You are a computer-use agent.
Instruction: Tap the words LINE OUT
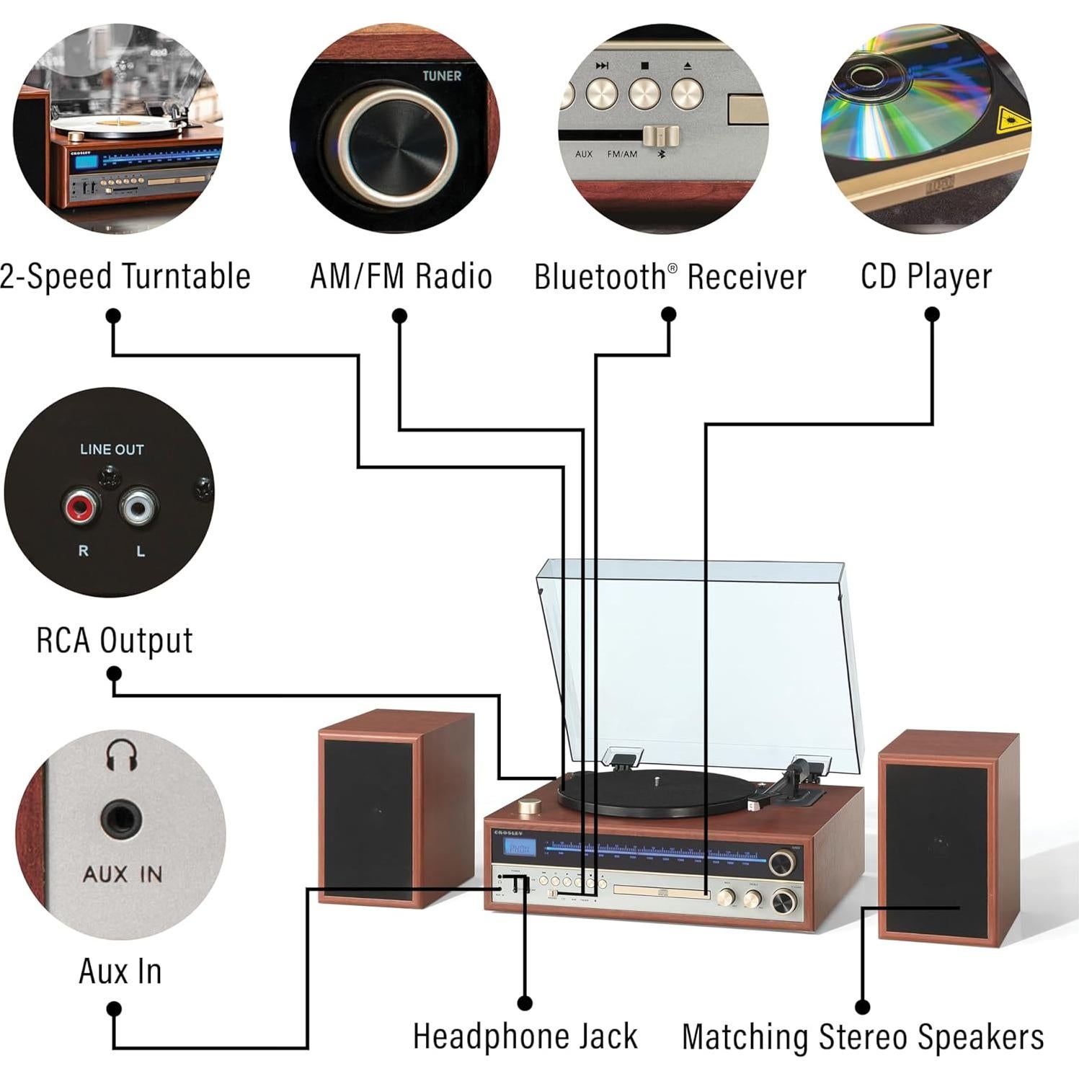pos(112,449)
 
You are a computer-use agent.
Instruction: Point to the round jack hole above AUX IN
pos(121,820)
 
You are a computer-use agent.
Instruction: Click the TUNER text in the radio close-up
pos(441,76)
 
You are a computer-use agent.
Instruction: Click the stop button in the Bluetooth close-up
pos(644,93)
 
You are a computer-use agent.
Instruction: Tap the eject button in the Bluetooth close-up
pos(687,93)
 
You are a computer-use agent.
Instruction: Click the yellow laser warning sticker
pos(1012,121)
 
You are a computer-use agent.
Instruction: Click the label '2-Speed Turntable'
pos(125,277)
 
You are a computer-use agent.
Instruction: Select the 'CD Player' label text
pos(926,277)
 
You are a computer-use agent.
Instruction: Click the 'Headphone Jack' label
pos(525,1036)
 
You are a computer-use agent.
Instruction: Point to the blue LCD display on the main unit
pos(519,848)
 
